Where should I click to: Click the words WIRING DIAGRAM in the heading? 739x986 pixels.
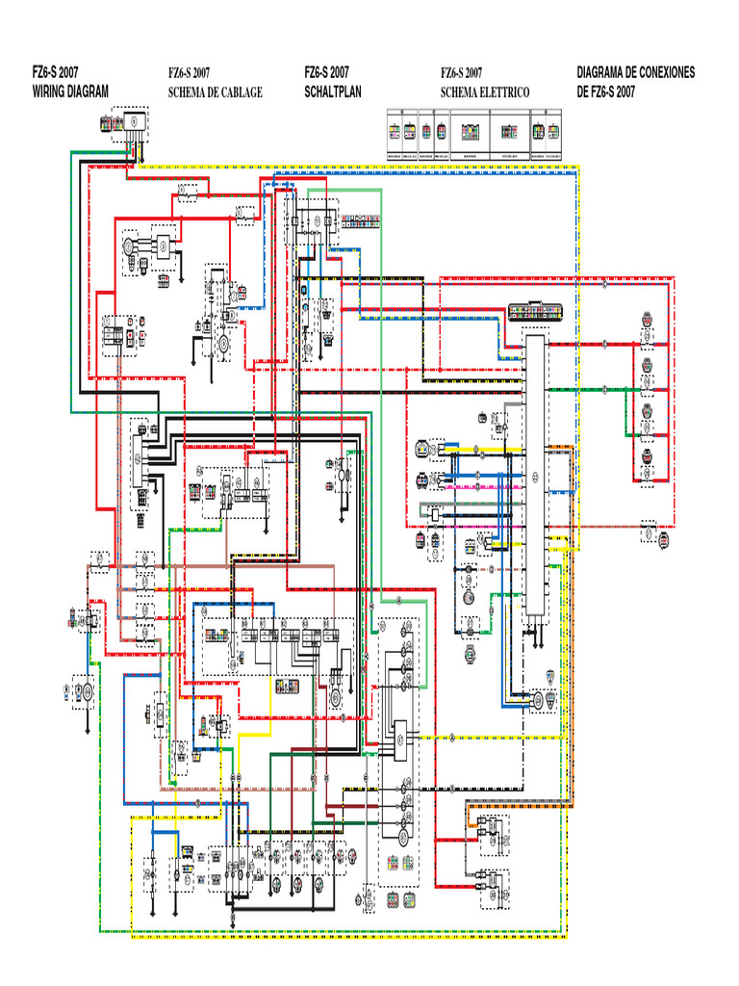click(70, 91)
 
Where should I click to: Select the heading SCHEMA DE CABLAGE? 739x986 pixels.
click(215, 92)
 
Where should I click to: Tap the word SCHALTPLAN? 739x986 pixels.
click(332, 91)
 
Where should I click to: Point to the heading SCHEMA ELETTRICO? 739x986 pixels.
click(485, 92)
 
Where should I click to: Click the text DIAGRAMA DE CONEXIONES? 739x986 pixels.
click(635, 72)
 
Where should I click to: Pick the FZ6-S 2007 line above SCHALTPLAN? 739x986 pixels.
click(326, 72)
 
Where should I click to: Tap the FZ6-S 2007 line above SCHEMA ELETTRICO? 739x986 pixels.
click(462, 72)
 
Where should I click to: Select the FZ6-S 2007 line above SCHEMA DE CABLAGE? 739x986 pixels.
click(190, 72)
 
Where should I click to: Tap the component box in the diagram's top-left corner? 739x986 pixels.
click(135, 120)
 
